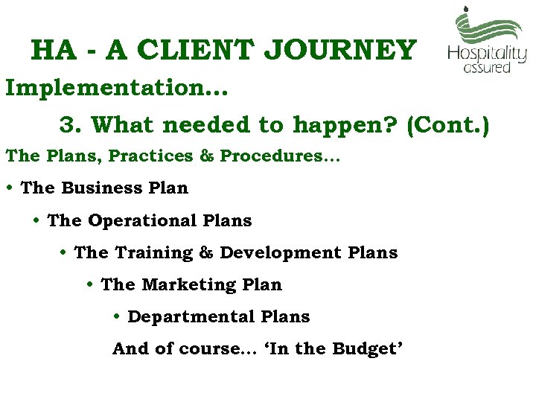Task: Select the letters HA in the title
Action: [54, 50]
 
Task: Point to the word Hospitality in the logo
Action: [487, 54]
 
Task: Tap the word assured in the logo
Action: [487, 67]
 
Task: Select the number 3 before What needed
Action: [68, 124]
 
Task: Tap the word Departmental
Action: [192, 317]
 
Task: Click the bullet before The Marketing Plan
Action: [89, 285]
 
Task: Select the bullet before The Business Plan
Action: [10, 188]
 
